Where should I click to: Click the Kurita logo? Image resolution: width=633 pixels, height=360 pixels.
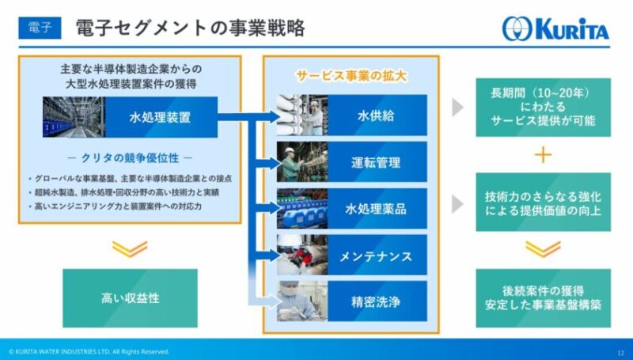[x=555, y=28]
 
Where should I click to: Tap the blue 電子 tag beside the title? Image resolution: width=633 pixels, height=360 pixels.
[x=40, y=28]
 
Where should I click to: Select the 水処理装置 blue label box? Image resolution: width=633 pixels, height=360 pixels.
[x=161, y=117]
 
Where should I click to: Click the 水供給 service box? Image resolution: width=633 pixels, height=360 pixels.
[x=377, y=116]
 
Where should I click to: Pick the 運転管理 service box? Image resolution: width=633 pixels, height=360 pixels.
[x=377, y=162]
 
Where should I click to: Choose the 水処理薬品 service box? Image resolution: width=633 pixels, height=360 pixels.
[x=377, y=209]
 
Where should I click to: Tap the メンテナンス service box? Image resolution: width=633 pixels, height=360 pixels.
[x=377, y=255]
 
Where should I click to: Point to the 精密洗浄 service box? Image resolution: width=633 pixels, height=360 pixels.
[x=377, y=301]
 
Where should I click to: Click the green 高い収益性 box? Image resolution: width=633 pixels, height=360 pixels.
[x=130, y=298]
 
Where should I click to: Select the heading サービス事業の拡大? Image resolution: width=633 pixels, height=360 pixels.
[x=351, y=76]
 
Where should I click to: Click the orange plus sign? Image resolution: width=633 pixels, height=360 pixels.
[x=543, y=155]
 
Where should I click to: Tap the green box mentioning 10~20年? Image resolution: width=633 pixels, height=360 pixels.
[x=544, y=108]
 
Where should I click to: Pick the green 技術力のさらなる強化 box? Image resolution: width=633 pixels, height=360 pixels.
[x=544, y=203]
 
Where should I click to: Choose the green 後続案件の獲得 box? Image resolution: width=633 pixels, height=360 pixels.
[x=544, y=298]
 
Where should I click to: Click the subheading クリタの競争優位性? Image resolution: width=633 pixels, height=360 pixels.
[x=130, y=157]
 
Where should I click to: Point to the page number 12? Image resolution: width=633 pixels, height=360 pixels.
[x=620, y=352]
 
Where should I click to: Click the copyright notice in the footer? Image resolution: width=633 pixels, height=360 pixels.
[x=89, y=351]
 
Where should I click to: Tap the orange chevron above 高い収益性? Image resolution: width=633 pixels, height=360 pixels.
[x=130, y=249]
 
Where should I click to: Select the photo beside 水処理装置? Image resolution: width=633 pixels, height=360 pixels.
[x=74, y=117]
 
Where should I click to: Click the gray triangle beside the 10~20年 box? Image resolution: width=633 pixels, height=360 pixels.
[x=457, y=108]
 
